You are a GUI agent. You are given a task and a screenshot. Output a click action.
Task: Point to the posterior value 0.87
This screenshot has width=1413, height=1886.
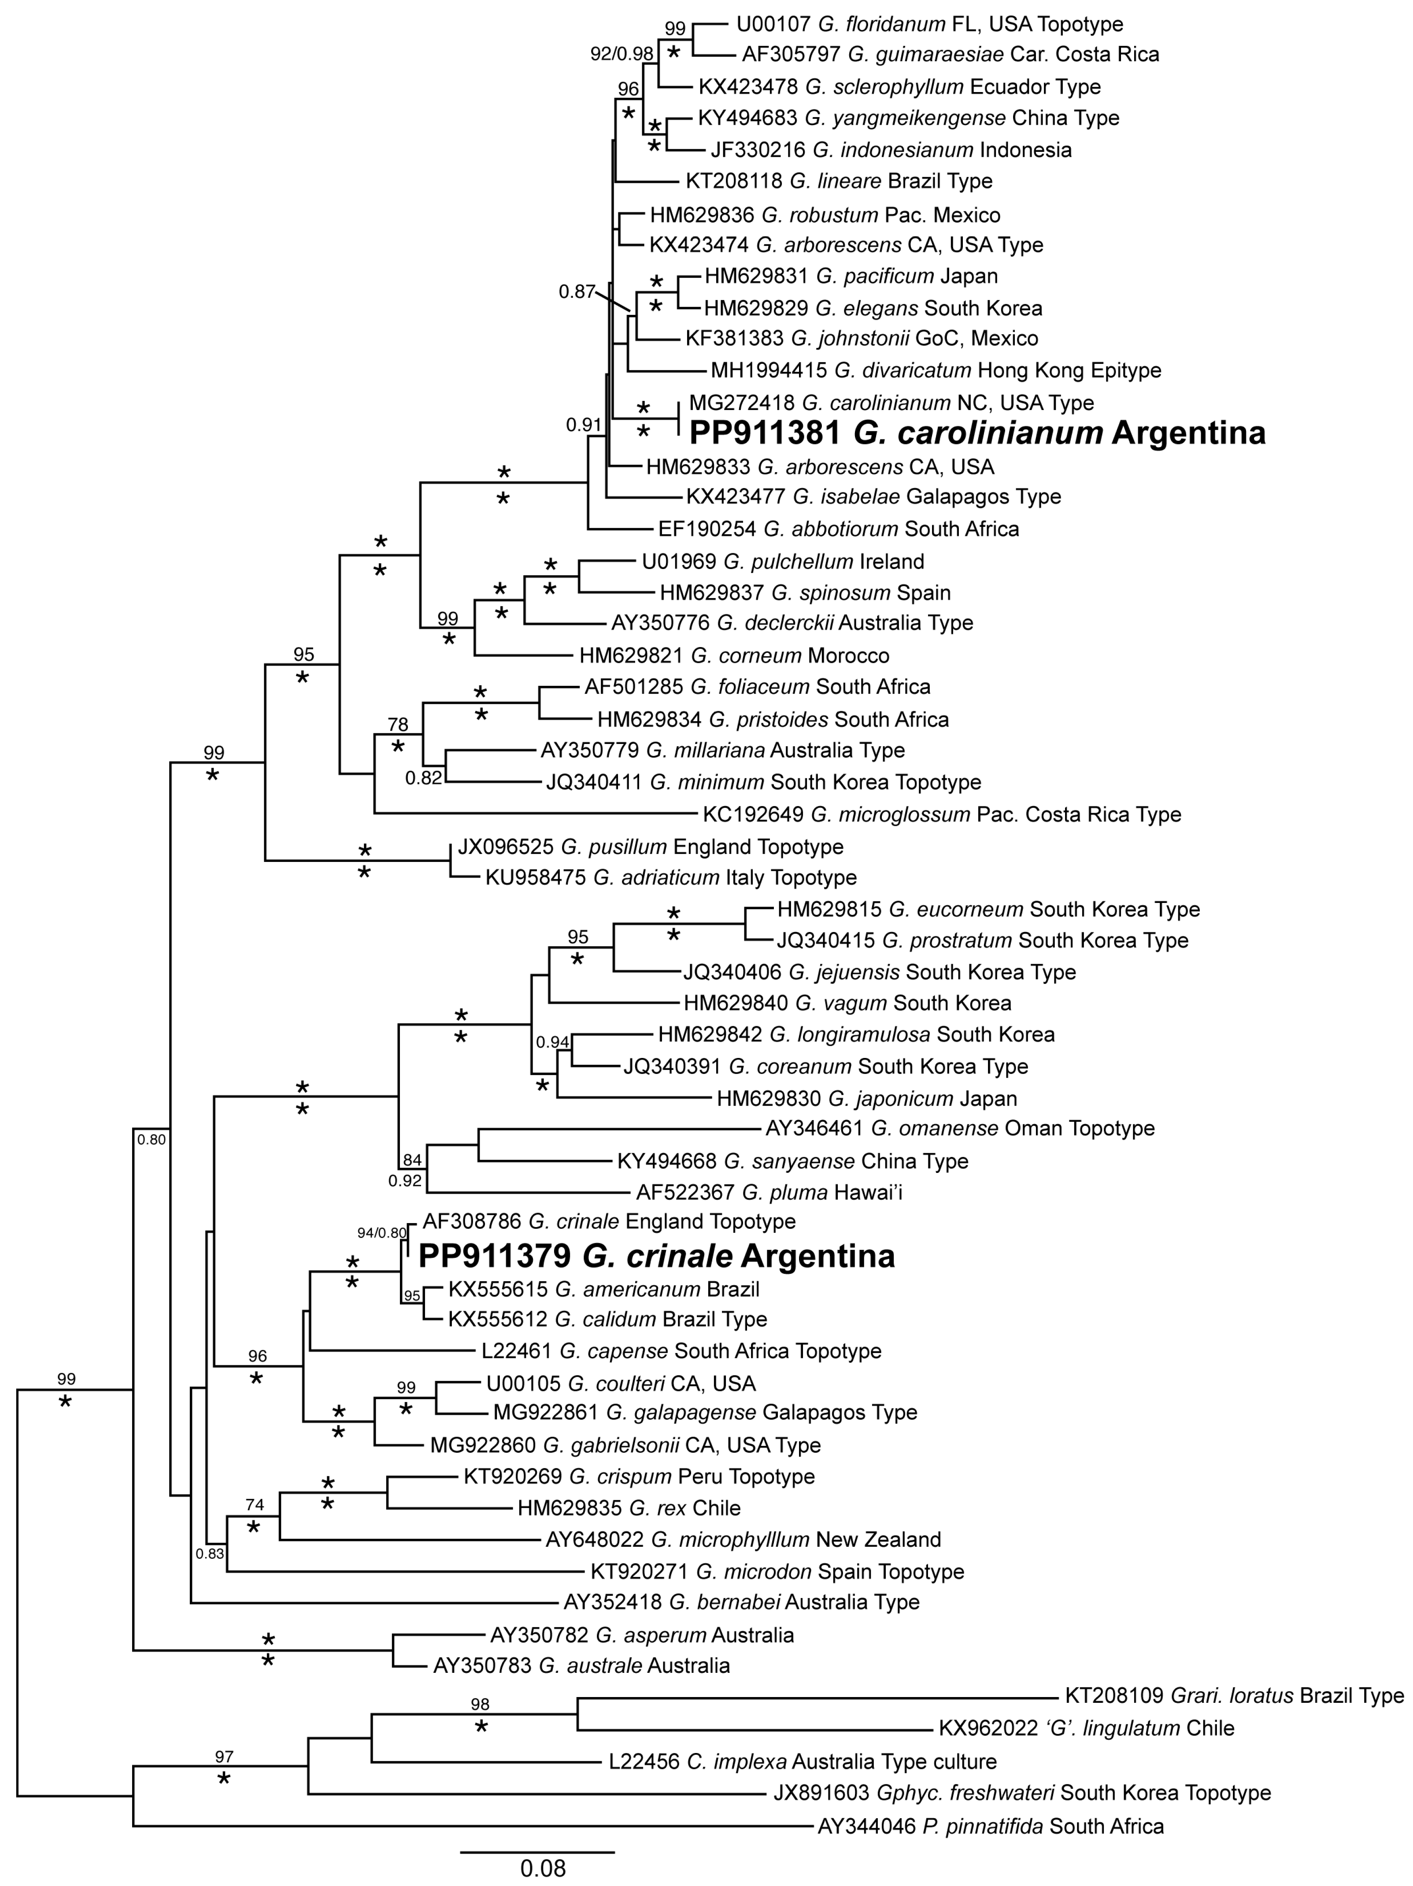577,292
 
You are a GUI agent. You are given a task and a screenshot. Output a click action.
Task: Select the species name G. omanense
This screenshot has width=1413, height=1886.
935,1129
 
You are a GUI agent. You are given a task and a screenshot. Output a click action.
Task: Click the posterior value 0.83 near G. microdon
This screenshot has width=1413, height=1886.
210,1553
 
